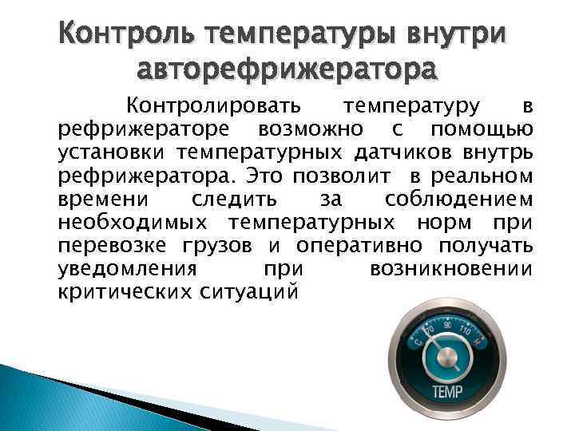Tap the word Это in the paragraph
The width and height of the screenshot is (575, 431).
tap(268, 174)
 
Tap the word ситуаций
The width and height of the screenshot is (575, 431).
tap(245, 292)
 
